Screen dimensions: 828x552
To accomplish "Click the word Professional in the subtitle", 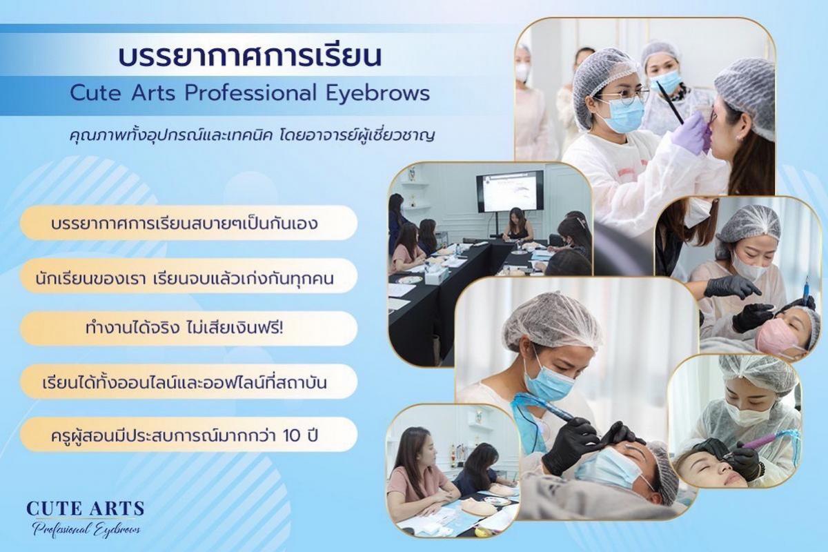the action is (250, 94).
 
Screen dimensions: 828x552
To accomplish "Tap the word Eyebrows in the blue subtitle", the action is (377, 94).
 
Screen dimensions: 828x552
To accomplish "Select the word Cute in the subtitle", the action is (95, 94).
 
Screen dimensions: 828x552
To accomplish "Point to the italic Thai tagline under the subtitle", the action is (252, 135).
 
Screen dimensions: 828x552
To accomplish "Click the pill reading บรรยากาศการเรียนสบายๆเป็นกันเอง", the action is (188, 223).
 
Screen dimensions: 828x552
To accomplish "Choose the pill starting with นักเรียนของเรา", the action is (188, 276).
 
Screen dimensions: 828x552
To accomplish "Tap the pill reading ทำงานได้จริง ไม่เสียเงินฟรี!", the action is (188, 328).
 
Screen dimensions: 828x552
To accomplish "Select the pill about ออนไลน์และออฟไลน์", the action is (188, 382).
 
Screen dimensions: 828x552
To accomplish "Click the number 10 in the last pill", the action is (293, 436).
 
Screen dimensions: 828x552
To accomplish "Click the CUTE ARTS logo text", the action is (86, 509).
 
